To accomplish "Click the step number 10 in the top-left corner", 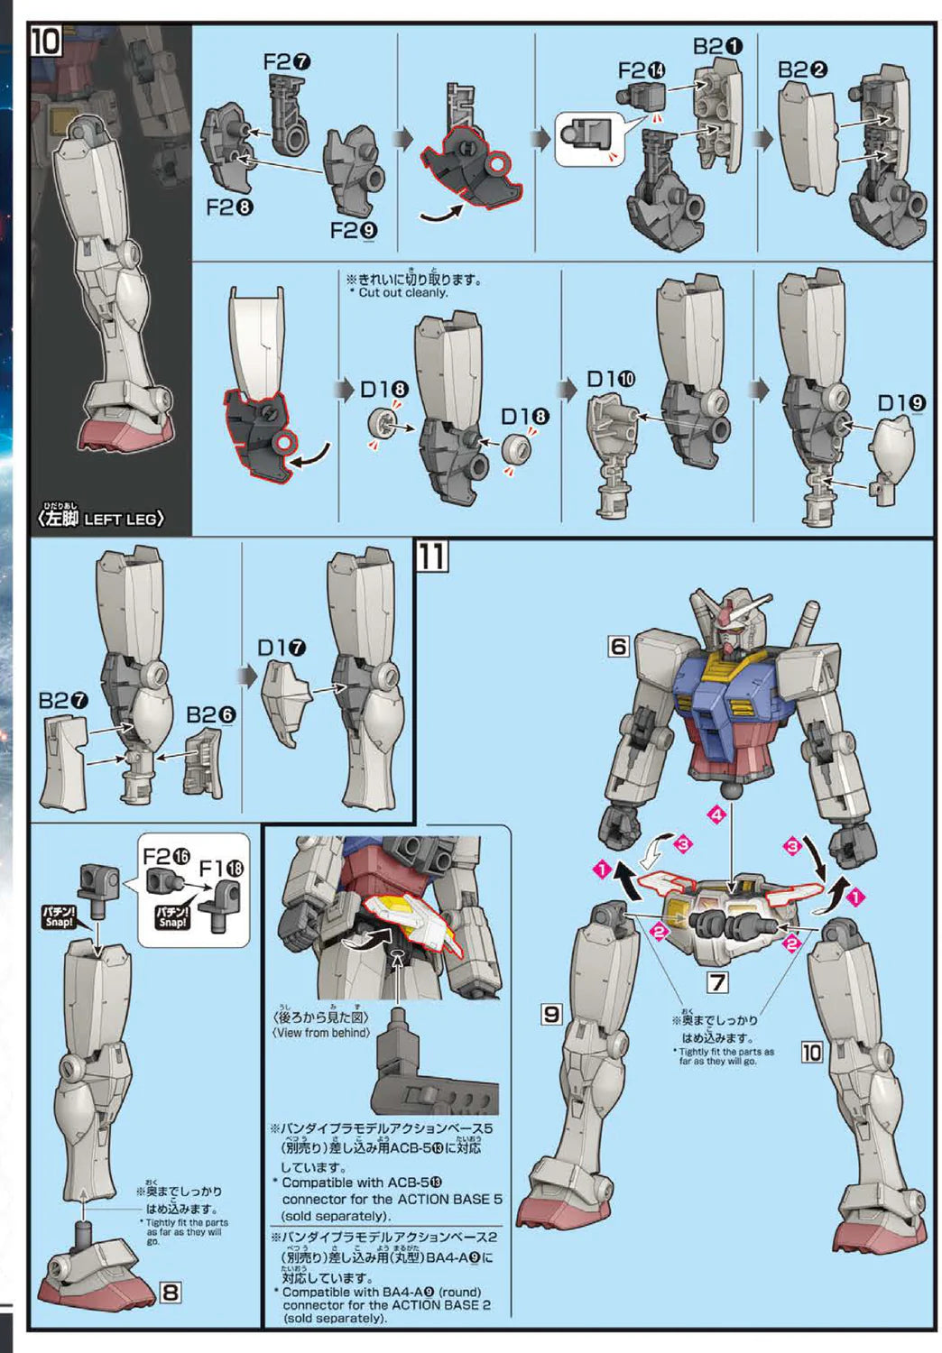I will pyautogui.click(x=45, y=41).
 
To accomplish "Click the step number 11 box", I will pyautogui.click(x=431, y=557).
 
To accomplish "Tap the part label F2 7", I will pyautogui.click(x=287, y=61).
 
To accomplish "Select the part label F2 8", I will pyautogui.click(x=229, y=207).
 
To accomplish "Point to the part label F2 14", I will pyautogui.click(x=642, y=70).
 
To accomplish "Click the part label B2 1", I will pyautogui.click(x=718, y=46).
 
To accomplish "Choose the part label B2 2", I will pyautogui.click(x=803, y=69).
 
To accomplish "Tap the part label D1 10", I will pyautogui.click(x=611, y=380).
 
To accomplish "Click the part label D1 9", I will pyautogui.click(x=901, y=403).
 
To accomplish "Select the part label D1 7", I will pyautogui.click(x=282, y=648).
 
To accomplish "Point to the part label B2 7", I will pyautogui.click(x=63, y=700).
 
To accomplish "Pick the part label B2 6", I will pyautogui.click(x=211, y=714).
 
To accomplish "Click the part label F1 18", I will pyautogui.click(x=222, y=868).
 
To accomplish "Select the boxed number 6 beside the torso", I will pyautogui.click(x=618, y=647).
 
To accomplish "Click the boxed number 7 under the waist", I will pyautogui.click(x=717, y=982).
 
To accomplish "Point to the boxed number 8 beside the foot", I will pyautogui.click(x=170, y=1293).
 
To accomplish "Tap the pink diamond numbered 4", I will pyautogui.click(x=717, y=815).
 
